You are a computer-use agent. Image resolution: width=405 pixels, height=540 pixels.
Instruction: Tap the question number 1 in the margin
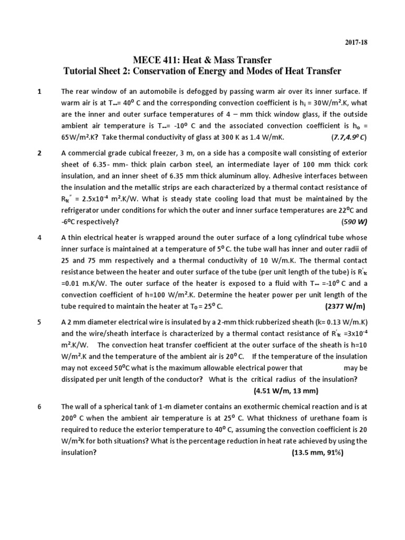[40, 92]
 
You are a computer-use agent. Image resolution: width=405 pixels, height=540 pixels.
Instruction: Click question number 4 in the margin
[40, 238]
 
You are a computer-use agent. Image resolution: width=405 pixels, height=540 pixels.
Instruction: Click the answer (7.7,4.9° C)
[349, 138]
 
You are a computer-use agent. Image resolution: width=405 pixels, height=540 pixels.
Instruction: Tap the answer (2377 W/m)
[343, 306]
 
